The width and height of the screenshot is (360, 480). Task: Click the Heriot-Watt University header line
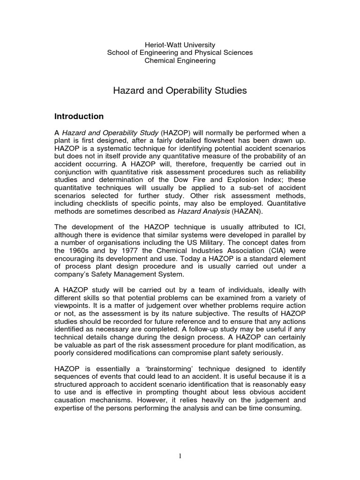point(180,44)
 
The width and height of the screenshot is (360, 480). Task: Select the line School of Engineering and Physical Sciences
point(180,52)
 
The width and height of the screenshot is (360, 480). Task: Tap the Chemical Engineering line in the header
point(180,61)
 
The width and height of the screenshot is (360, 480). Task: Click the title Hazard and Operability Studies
point(180,90)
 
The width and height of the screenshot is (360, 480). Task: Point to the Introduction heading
point(79,116)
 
